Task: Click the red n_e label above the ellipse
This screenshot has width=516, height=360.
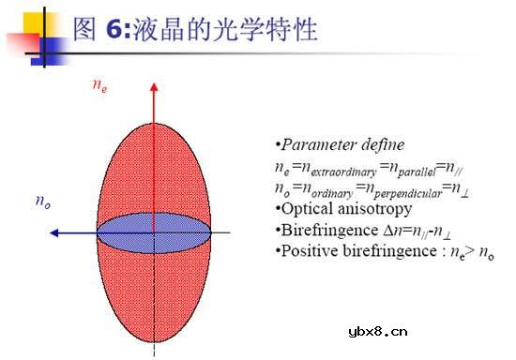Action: (99, 85)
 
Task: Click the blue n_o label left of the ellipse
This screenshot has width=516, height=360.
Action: (42, 202)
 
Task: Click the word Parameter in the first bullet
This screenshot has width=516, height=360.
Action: (320, 145)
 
